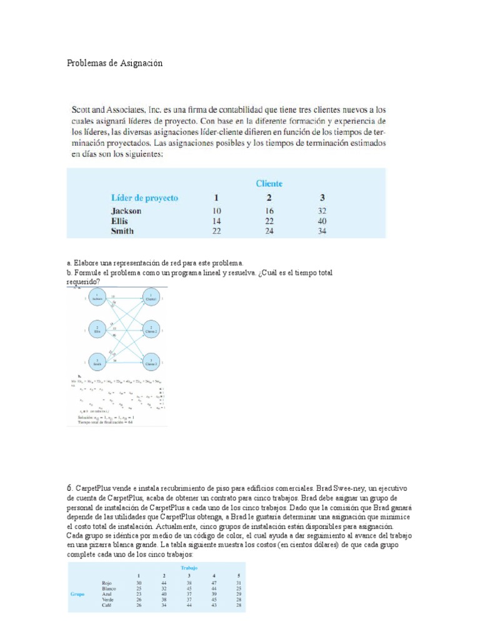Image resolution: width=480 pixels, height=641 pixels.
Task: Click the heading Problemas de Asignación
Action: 114,64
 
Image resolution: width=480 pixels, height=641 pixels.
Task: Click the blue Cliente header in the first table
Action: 269,183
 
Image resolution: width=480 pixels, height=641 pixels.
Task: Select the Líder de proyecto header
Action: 144,198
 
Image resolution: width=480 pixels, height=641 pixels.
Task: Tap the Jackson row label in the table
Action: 126,211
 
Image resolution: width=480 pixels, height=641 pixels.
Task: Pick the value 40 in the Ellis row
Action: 322,221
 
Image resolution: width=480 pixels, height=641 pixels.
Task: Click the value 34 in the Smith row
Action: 322,231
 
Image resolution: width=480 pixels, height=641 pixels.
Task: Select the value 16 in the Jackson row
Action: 269,211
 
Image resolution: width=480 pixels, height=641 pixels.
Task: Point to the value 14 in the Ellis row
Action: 217,221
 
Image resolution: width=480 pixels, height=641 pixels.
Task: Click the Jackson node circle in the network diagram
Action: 97,298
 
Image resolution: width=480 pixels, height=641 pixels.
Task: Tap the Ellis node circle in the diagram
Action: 97,329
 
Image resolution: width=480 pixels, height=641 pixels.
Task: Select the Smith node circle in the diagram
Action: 97,361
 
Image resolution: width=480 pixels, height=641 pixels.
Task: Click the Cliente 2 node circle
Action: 151,329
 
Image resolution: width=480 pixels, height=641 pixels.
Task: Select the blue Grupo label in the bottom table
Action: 77,594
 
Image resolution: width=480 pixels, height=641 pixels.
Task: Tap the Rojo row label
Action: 107,583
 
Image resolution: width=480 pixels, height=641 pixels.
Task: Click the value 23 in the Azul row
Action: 139,594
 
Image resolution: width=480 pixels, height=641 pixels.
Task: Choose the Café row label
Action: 107,605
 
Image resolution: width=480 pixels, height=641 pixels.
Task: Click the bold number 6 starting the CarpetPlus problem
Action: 69,488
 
